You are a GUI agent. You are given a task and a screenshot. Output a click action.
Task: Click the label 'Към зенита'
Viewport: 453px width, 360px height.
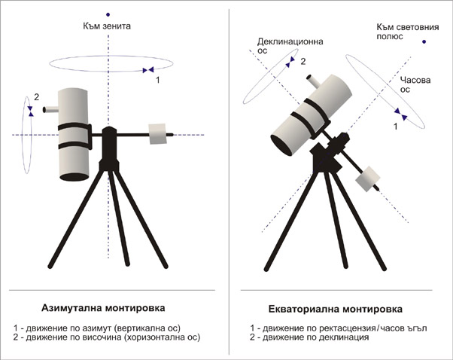107,26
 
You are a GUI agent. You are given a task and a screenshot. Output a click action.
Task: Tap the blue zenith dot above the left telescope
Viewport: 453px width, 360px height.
108,14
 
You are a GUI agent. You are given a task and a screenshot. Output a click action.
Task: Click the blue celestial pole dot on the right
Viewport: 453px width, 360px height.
424,41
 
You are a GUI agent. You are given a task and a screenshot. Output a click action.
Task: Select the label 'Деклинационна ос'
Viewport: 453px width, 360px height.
290,46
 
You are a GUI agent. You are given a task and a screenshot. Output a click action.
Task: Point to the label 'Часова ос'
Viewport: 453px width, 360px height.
415,84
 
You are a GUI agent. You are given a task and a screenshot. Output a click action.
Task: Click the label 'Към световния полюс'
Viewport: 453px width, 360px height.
408,32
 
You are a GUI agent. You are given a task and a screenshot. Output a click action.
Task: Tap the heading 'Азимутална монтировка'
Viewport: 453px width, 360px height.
103,308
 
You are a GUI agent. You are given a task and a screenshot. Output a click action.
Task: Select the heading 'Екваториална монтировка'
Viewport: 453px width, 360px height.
335,309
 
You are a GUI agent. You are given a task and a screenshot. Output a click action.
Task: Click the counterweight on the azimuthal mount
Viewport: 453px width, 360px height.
157,134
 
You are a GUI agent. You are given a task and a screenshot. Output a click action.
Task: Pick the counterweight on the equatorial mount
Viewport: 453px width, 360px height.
367,178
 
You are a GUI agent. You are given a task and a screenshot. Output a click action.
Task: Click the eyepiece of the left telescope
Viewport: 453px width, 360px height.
51,110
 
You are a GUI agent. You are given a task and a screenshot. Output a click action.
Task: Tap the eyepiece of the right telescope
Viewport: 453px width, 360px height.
313,81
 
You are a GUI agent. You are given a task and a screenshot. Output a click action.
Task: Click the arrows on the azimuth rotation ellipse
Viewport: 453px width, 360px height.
148,70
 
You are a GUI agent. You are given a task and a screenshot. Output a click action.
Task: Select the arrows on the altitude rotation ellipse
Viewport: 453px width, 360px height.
30,111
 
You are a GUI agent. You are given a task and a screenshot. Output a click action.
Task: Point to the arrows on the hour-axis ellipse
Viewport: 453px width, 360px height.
401,114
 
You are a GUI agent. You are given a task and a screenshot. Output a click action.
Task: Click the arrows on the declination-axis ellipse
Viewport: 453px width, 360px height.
290,63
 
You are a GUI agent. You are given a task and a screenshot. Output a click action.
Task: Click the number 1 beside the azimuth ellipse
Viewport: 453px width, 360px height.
158,80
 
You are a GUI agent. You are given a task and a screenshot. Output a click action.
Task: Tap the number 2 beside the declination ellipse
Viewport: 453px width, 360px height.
303,62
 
